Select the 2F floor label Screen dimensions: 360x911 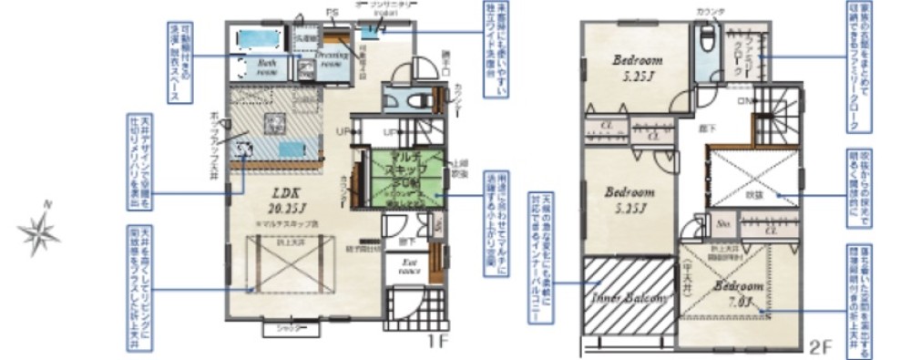click(819, 346)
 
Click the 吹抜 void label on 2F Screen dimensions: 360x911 click(755, 194)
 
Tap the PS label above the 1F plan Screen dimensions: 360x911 click(331, 13)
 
